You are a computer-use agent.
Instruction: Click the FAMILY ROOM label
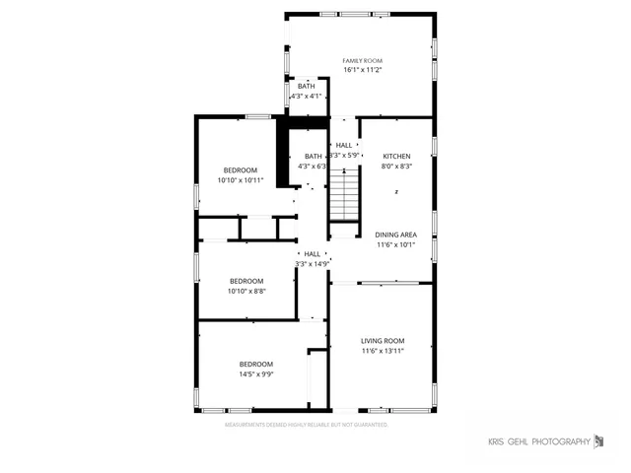362,60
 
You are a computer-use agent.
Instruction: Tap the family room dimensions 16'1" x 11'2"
362,70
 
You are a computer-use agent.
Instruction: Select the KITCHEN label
396,156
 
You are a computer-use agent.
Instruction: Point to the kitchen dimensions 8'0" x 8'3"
396,167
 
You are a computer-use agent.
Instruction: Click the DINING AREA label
395,235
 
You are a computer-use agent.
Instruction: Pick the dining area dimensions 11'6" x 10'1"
395,245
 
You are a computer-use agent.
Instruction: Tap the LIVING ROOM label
383,340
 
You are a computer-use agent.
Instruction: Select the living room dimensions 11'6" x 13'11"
383,351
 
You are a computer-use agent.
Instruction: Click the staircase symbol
341,194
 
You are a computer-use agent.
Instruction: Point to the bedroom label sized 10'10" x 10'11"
240,169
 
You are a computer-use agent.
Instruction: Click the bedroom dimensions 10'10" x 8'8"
245,291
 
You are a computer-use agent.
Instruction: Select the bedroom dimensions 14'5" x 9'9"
255,374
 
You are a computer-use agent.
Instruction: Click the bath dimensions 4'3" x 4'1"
306,97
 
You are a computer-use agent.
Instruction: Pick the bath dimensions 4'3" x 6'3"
313,167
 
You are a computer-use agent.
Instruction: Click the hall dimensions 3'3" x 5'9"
345,156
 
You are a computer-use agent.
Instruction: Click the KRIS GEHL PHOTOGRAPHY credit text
539,440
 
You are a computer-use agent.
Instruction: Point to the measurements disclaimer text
307,425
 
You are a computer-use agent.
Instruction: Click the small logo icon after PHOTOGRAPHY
597,440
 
